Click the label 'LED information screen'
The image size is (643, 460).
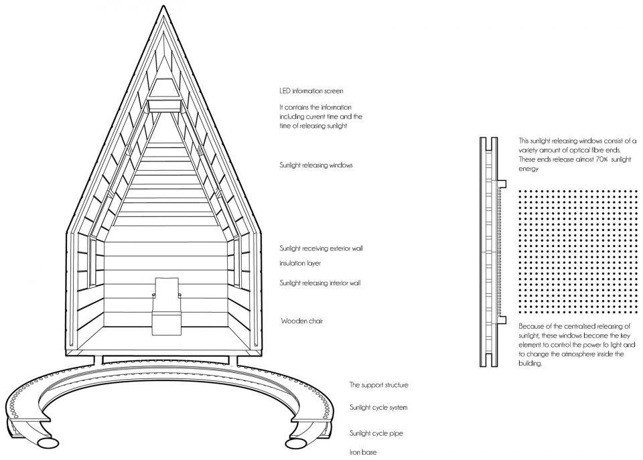tap(311, 91)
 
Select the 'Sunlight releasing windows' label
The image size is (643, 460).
tap(316, 165)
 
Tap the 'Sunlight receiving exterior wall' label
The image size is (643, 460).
tap(321, 248)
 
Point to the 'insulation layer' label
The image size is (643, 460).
tap(300, 263)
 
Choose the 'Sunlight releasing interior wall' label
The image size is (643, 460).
tap(320, 283)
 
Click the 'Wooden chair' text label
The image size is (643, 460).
tap(302, 321)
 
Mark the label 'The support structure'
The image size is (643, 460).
tap(378, 385)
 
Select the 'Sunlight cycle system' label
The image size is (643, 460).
tap(378, 408)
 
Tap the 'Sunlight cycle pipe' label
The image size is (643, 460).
tap(376, 433)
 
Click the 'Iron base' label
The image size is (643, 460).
tap(363, 452)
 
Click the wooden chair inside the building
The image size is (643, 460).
tap(166, 305)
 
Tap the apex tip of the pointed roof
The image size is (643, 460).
tap(163, 6)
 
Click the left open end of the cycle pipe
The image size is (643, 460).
tap(48, 443)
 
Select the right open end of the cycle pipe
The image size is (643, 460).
tap(297, 444)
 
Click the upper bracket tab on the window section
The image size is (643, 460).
tap(502, 183)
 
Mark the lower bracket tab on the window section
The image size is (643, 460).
tap(502, 320)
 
